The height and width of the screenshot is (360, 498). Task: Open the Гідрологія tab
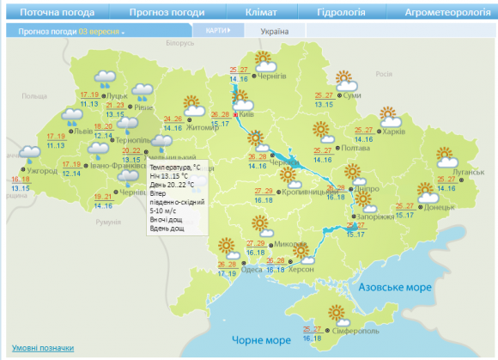point(341,13)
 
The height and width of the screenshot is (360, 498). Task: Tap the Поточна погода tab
point(57,13)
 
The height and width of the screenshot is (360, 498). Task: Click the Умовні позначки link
point(43,348)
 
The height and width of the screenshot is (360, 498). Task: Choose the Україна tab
point(274,31)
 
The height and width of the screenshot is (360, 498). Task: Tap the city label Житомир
point(203,128)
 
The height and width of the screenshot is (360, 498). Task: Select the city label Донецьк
point(439,207)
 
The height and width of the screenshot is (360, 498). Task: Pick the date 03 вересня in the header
point(98,31)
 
